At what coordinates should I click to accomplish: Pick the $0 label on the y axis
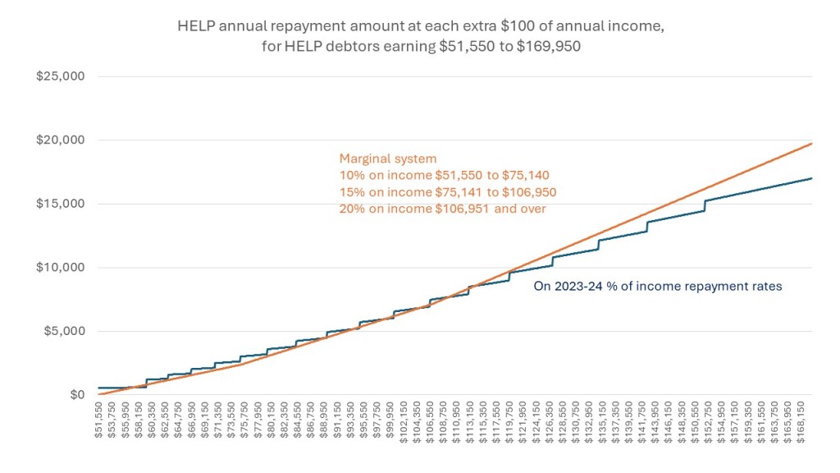78,395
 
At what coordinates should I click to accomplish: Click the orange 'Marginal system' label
387,159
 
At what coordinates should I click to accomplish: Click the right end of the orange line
811,144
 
